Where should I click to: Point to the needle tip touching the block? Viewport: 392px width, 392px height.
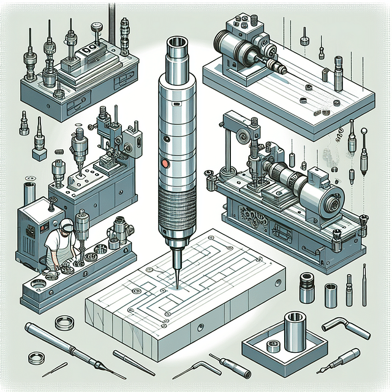tap(175, 287)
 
